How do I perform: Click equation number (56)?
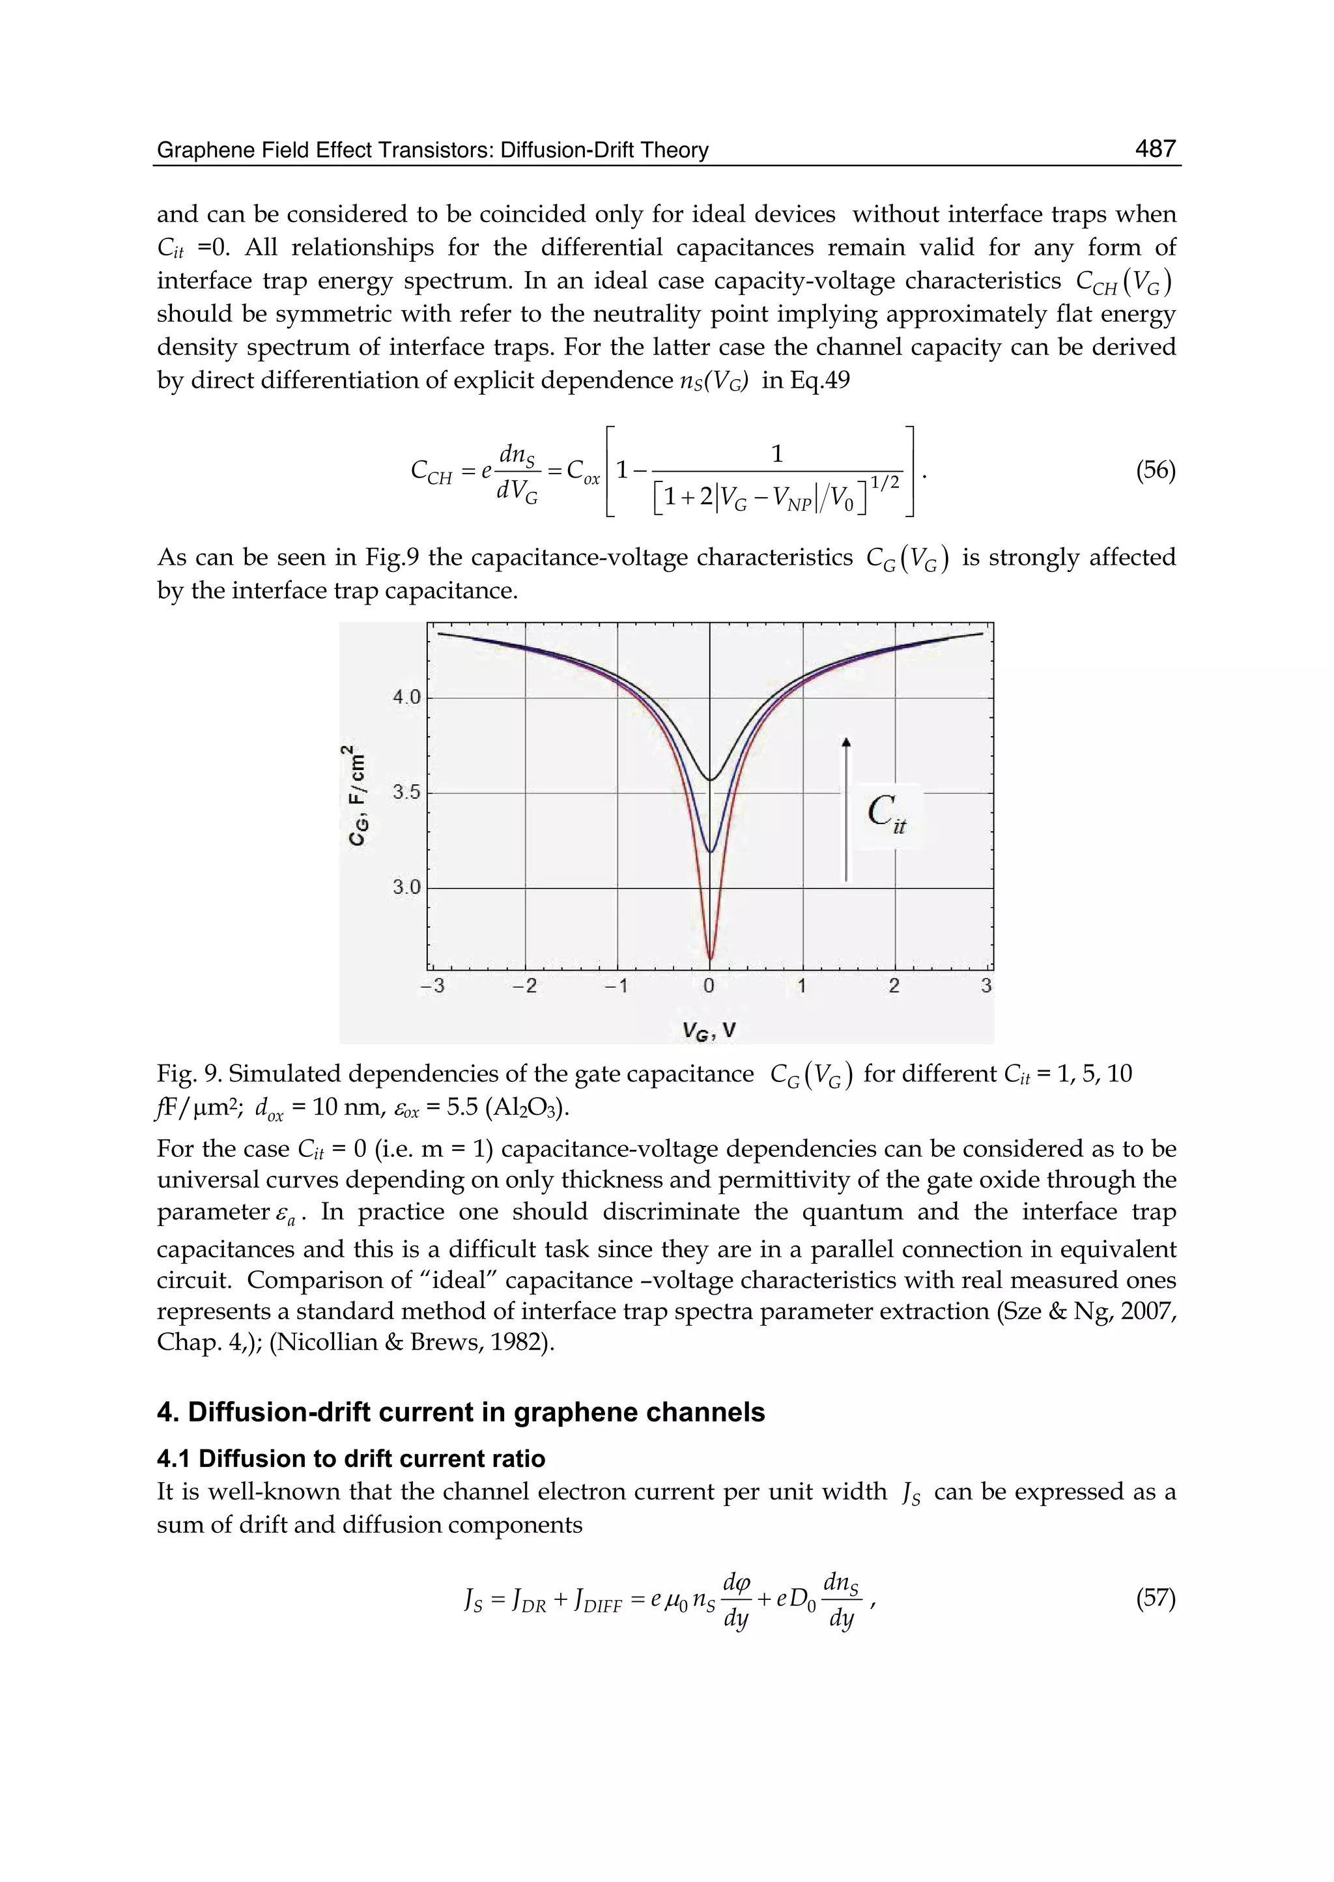[x=1155, y=471]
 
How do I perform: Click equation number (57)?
[x=1155, y=1598]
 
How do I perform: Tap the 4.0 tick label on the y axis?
[x=406, y=698]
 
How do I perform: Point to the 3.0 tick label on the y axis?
[x=406, y=887]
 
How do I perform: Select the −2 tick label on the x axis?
[x=524, y=986]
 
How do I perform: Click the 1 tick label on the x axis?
[x=802, y=986]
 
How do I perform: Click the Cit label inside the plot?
[x=885, y=813]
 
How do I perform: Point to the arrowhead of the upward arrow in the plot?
[x=847, y=742]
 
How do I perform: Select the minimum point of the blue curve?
[x=711, y=851]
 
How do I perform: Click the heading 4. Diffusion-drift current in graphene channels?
[x=460, y=1412]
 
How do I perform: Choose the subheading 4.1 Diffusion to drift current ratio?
[x=350, y=1459]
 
